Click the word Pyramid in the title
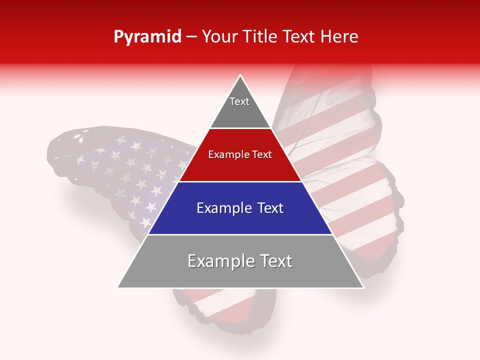point(147,37)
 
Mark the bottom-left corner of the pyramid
point(118,287)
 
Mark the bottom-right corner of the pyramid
point(363,287)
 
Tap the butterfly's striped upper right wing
point(330,115)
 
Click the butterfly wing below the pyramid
point(225,305)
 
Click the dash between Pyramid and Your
point(191,37)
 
